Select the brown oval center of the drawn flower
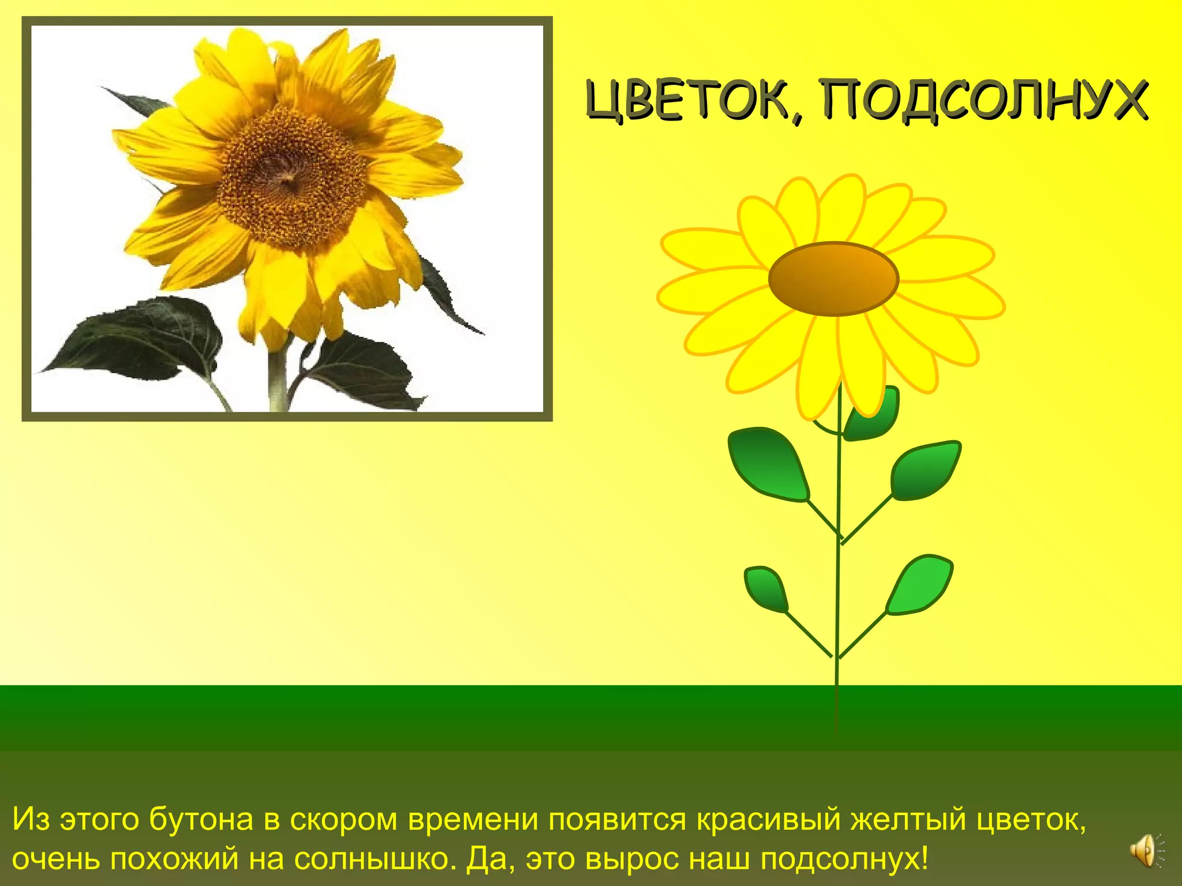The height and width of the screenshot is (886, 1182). pos(833,279)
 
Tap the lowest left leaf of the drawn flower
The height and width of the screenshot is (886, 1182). pos(766,589)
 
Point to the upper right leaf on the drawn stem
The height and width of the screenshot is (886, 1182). pos(925,470)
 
